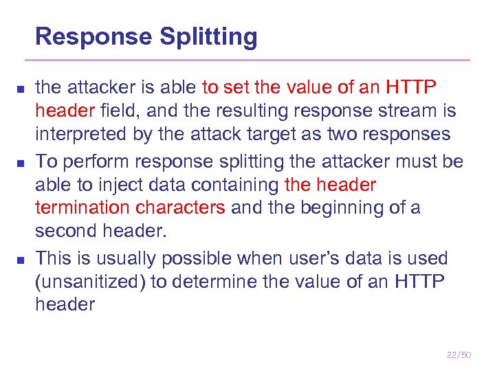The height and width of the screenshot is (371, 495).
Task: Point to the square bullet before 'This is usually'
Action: click(x=21, y=260)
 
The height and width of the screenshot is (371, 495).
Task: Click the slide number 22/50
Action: click(x=459, y=355)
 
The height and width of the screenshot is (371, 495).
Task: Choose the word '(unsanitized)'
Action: click(x=89, y=282)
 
